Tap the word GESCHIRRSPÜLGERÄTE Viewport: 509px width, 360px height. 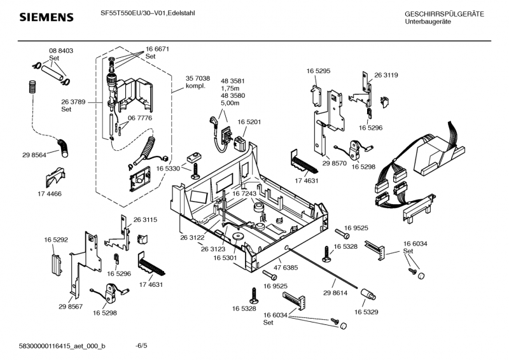coord(444,14)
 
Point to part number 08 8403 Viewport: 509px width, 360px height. coord(61,50)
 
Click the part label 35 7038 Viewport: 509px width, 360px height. coord(198,78)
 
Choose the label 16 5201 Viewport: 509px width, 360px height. coord(250,121)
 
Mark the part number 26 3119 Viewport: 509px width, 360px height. coord(386,75)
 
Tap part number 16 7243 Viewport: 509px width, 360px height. coord(244,193)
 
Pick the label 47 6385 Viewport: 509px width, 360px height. coord(286,268)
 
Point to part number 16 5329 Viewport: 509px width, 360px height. coord(366,312)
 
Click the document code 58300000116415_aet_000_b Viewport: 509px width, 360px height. coord(63,345)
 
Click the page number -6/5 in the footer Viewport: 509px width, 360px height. coord(141,345)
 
